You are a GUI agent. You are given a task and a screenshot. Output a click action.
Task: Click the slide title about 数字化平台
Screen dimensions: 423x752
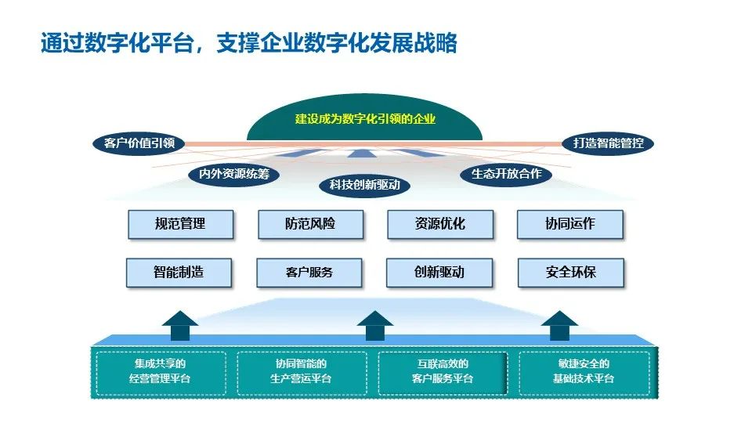click(x=248, y=42)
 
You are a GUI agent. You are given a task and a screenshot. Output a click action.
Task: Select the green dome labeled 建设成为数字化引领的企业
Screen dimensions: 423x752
click(x=364, y=120)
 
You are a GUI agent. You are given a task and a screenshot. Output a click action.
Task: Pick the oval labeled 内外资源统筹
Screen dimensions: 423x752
click(x=233, y=174)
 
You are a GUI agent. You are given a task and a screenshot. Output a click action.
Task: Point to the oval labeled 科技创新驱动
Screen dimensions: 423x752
click(x=364, y=185)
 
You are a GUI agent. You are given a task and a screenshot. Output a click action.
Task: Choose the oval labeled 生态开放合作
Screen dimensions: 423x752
click(x=506, y=174)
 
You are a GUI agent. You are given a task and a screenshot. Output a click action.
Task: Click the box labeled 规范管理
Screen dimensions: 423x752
click(x=180, y=224)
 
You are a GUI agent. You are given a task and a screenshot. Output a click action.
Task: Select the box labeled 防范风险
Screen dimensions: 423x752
click(x=310, y=224)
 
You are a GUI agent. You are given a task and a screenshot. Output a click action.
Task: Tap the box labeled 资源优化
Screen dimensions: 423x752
click(x=439, y=224)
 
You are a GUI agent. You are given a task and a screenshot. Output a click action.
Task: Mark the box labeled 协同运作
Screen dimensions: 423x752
click(x=569, y=224)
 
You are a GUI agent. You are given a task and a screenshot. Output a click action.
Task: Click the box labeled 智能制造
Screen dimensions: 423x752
click(x=179, y=273)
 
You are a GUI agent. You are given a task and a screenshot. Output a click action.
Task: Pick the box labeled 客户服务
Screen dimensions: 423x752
click(x=309, y=273)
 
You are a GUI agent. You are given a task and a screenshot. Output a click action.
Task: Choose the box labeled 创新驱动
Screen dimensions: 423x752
click(x=439, y=273)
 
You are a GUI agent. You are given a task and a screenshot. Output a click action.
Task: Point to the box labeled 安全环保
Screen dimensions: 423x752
click(x=571, y=273)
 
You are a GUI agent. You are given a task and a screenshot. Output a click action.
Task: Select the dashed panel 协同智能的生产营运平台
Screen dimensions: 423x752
click(x=302, y=372)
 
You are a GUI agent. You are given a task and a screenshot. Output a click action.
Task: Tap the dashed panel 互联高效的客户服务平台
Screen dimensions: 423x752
click(x=443, y=372)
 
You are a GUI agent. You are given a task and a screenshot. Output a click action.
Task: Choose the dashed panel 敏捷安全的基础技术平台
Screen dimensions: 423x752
click(x=584, y=372)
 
